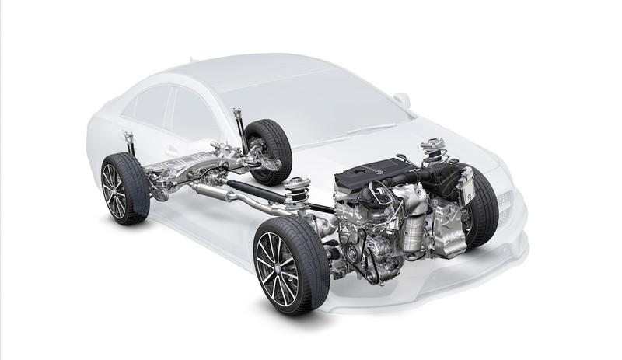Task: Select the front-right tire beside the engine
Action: point(484,207)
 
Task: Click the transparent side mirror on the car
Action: point(402,100)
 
